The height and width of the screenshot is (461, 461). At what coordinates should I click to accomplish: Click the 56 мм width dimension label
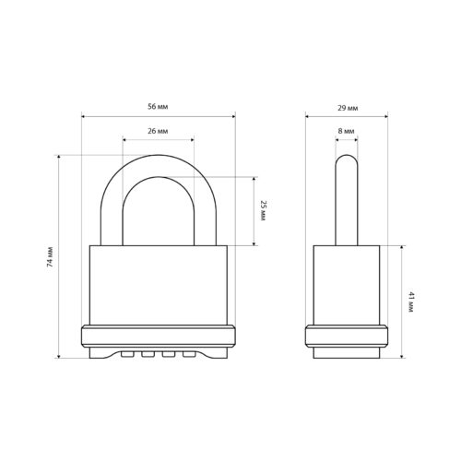point(158,107)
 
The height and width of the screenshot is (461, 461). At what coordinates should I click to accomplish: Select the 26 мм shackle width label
point(158,131)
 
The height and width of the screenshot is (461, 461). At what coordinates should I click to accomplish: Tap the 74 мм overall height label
point(50,256)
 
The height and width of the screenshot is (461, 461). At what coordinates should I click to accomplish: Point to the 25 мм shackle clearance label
point(263,210)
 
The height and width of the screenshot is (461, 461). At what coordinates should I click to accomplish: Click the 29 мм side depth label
point(348,108)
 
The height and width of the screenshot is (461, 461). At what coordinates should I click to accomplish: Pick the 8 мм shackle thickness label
point(346,131)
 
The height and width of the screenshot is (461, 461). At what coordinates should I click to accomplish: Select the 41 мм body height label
point(411,302)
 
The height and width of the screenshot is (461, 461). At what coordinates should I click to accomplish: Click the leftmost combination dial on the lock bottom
point(127,354)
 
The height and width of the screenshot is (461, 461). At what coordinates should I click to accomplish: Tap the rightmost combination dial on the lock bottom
point(189,354)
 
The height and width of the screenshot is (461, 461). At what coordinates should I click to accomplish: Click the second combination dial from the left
point(148,354)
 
